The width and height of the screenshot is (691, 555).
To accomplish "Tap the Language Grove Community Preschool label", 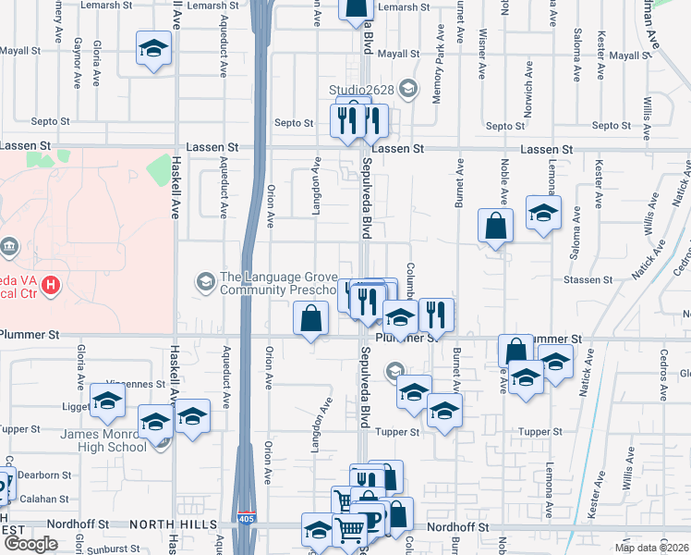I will [271, 282].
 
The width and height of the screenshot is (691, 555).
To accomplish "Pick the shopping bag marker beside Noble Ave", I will [496, 225].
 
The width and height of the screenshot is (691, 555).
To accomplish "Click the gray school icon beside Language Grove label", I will [205, 280].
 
